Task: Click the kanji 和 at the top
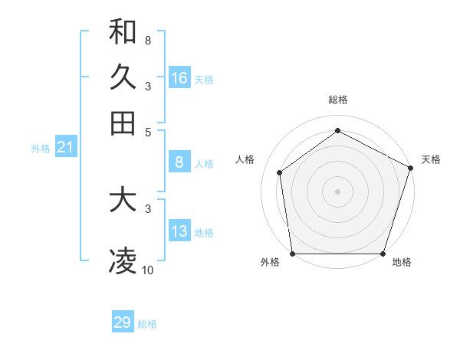pos(123,31)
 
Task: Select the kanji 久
pos(123,77)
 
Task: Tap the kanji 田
pos(123,123)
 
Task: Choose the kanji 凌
pos(123,261)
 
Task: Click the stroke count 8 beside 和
pos(147,40)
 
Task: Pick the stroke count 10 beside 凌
pos(147,270)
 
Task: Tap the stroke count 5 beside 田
pos(147,131)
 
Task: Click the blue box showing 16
pos(179,78)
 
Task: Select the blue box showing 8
pos(179,162)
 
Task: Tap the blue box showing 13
pos(179,231)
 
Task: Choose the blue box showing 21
pos(65,148)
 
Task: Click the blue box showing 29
pos(123,322)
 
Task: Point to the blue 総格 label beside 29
pos(147,324)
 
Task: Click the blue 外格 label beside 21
pos(41,149)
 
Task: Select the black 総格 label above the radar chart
pos(337,100)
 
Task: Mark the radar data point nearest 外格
pos(292,254)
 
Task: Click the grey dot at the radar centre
pos(337,191)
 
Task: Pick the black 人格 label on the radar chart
pos(245,159)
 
